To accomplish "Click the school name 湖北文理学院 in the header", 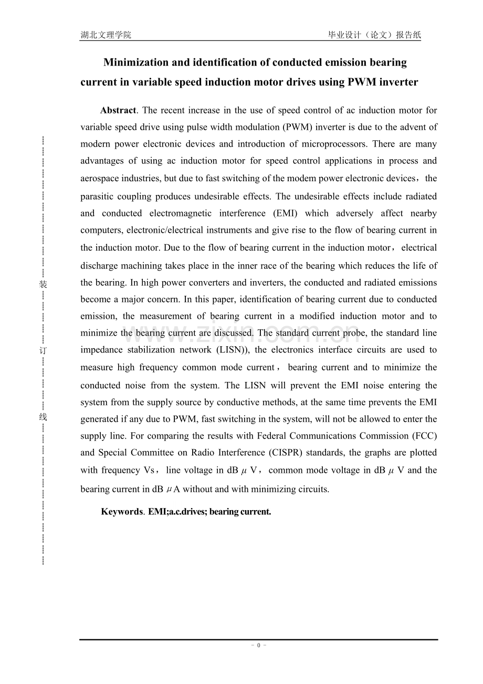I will click(106, 35).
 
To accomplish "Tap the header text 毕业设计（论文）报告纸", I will click(374, 35).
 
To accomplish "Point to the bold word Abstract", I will click(118, 110).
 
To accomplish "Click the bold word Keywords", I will click(121, 512).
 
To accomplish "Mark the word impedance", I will click(101, 350).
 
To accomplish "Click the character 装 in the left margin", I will click(44, 284).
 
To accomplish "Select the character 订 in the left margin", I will click(44, 350).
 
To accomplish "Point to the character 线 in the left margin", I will click(44, 417).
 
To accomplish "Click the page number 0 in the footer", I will click(258, 646).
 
